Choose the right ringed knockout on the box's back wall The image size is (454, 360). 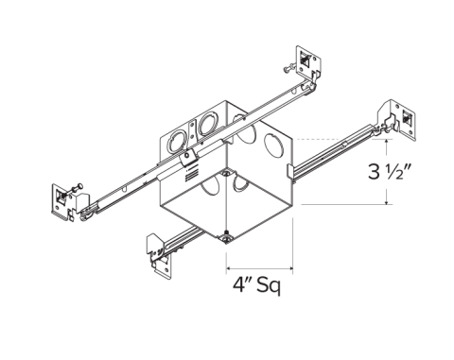coord(207,123)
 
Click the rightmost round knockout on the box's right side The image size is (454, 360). coord(277,147)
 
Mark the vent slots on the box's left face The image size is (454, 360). coord(189,172)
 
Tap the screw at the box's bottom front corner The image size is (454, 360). coord(227,240)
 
